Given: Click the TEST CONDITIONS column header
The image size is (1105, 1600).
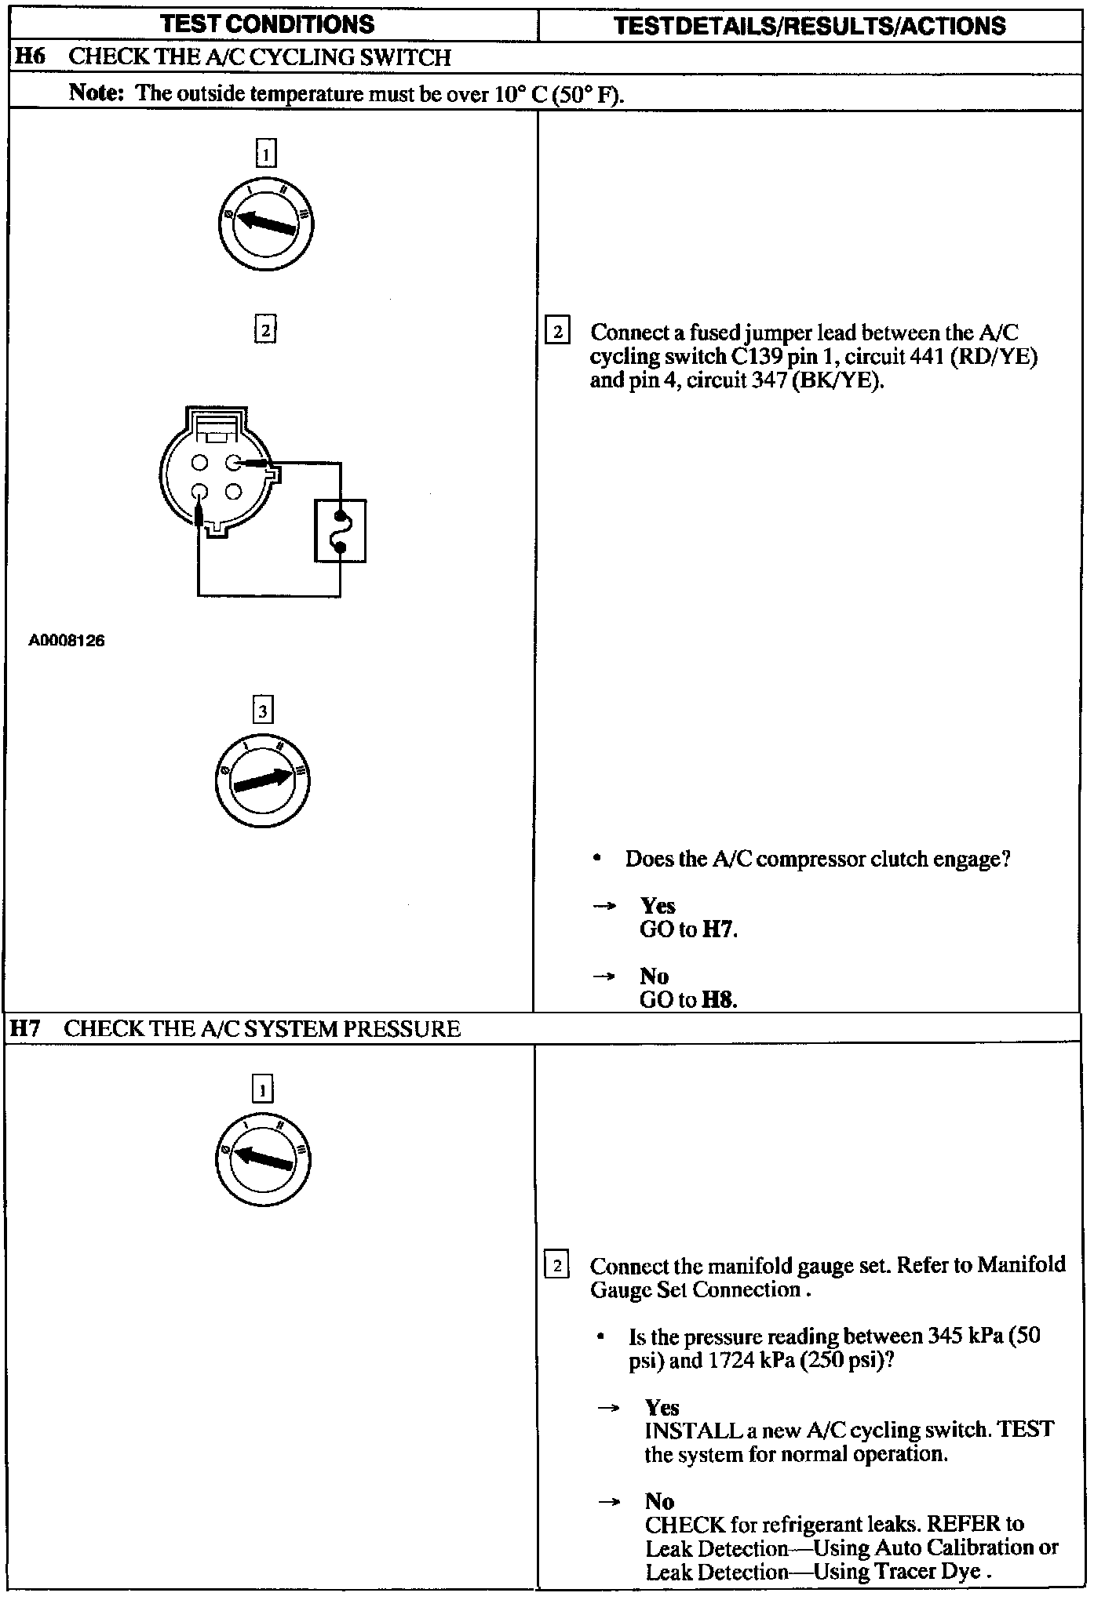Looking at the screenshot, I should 268,24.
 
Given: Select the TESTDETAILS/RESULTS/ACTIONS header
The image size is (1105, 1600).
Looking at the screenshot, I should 809,26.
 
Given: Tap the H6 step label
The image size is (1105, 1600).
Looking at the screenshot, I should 30,57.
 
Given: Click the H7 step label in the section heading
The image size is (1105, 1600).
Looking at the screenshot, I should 26,1029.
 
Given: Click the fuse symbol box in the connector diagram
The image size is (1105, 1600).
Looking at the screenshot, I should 340,531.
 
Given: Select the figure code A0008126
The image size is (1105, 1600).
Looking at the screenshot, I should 67,641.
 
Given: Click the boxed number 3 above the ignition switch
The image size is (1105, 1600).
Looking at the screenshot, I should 262,711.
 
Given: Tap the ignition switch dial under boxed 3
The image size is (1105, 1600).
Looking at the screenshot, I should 262,780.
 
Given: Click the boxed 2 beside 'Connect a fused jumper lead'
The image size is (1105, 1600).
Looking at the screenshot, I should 557,331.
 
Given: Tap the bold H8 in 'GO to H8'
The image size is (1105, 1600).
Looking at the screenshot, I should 719,1000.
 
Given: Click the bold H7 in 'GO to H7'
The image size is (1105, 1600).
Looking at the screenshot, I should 718,930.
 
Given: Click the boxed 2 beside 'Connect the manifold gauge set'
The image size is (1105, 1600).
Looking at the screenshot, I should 556,1266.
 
